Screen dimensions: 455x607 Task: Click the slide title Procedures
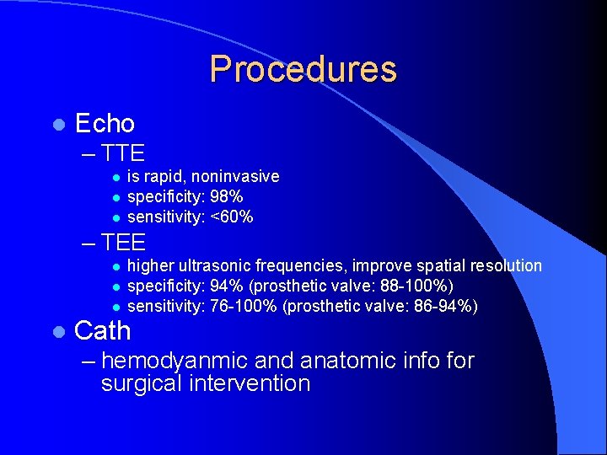pos(303,69)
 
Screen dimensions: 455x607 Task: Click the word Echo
pos(105,124)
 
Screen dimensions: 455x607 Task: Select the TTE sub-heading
pos(123,153)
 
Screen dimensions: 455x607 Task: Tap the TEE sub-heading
pos(123,243)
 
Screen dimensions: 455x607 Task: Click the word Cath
pos(103,330)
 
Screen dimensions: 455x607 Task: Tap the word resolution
pos(508,266)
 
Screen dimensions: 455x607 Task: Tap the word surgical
pos(144,384)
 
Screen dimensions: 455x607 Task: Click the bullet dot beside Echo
pos(57,125)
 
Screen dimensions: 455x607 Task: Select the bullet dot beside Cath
pos(57,331)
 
